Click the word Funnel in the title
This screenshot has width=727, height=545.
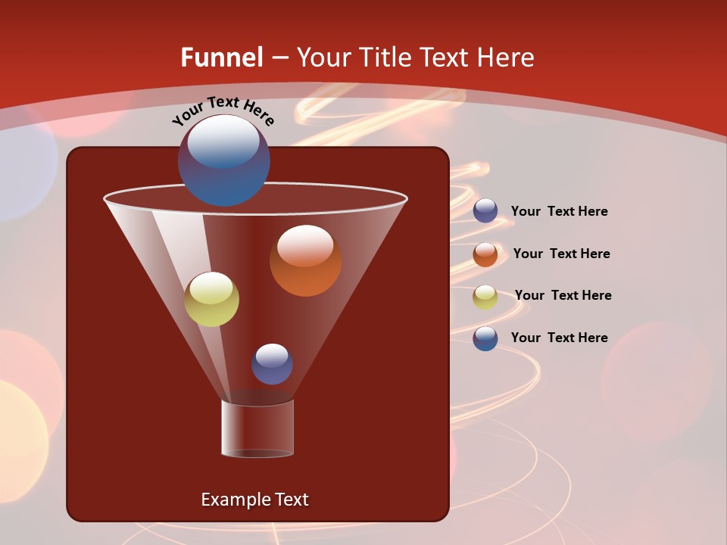coord(222,57)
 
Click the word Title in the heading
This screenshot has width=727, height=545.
coord(386,57)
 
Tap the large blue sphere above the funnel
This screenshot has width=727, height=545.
coord(223,160)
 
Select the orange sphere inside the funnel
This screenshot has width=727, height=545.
coord(305,260)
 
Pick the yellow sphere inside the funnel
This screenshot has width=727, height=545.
coord(212,300)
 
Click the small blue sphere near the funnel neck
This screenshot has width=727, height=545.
coord(272,364)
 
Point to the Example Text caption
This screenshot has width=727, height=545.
coord(254,499)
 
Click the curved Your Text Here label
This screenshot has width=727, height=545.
coord(223,110)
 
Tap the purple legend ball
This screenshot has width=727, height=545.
coord(485,211)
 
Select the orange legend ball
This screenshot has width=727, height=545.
coord(485,254)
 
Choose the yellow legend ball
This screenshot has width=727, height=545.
coord(485,297)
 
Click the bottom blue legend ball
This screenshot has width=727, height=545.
coord(485,338)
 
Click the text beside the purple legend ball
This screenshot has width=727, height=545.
coord(559,211)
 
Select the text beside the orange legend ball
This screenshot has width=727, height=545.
coord(561,254)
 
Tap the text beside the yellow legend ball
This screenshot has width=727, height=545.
coord(563,295)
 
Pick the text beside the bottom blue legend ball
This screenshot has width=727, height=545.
coord(559,338)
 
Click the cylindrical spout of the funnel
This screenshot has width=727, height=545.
coord(257,428)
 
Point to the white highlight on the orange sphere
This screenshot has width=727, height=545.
coord(305,244)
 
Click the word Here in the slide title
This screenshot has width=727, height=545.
coord(507,57)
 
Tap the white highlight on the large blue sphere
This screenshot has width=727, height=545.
coord(223,141)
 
